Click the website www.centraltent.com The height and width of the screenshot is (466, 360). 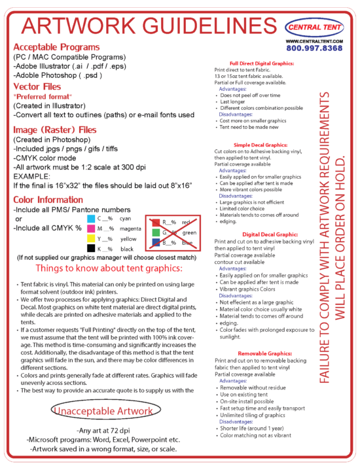[314, 41]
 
